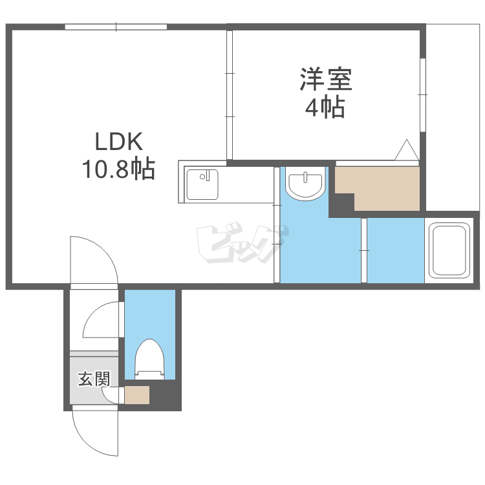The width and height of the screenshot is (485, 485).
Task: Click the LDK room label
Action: pos(118,142)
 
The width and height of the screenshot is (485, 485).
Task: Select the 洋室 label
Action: pos(326,79)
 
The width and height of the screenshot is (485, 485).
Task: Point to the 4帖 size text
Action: pos(325,107)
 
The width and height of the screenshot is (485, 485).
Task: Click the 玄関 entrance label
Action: pos(94,379)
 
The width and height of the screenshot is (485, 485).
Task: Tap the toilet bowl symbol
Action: pos(149,359)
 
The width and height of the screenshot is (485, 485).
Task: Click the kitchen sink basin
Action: pos(202,185)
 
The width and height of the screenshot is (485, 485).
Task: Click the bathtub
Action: pos(449,250)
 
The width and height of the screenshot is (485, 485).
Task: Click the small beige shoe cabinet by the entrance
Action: pos(137,395)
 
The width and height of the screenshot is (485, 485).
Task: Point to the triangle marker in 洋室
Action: pos(406,150)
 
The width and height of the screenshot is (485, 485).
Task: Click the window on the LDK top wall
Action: pos(116,27)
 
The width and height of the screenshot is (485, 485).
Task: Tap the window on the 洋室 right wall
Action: pos(423,95)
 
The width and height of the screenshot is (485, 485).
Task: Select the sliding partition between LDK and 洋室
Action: pos(229,95)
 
